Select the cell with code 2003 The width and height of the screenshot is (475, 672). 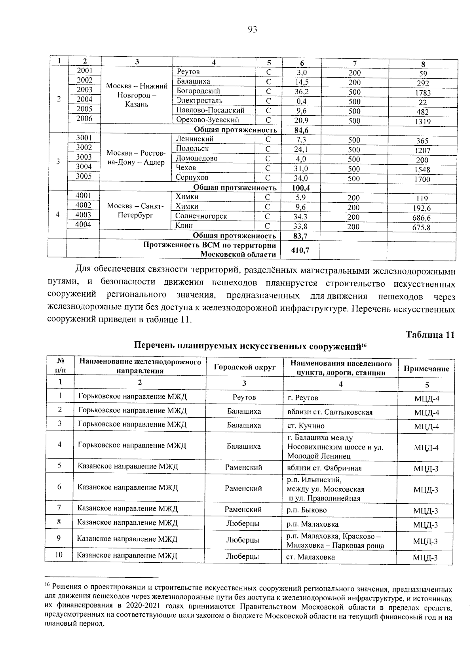[x=84, y=90]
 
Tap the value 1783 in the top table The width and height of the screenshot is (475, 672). [x=422, y=93]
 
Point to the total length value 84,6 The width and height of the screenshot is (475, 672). [x=301, y=130]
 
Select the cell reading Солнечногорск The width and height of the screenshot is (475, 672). [x=201, y=216]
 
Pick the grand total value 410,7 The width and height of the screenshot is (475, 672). [x=300, y=250]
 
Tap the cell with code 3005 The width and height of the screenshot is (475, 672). [x=84, y=177]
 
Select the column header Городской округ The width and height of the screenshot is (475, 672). [x=244, y=367]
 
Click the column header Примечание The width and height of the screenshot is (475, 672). [x=426, y=369]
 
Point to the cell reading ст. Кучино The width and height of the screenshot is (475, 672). [x=306, y=426]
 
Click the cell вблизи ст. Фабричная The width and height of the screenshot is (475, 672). [x=324, y=468]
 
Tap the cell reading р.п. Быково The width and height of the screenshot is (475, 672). [x=307, y=510]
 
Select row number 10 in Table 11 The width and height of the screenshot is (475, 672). [x=59, y=555]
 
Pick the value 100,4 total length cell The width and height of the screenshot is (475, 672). [x=301, y=188]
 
